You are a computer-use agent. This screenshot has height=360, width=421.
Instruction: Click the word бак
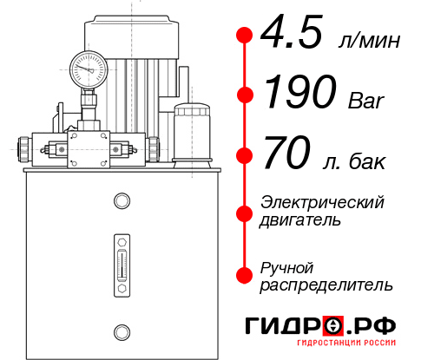[x=367, y=161]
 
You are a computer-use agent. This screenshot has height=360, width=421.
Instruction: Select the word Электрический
[x=322, y=202]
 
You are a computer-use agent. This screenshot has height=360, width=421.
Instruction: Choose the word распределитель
[x=326, y=285]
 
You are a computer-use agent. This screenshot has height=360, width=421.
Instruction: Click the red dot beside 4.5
[x=245, y=36]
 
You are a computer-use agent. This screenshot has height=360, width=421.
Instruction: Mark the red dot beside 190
[x=245, y=95]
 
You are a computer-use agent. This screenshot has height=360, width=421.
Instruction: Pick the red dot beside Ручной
[x=245, y=274]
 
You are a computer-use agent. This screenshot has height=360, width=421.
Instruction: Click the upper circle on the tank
[x=120, y=202]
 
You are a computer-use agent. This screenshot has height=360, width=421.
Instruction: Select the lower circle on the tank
[x=120, y=330]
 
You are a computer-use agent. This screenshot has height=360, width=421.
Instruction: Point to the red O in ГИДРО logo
[x=332, y=326]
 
